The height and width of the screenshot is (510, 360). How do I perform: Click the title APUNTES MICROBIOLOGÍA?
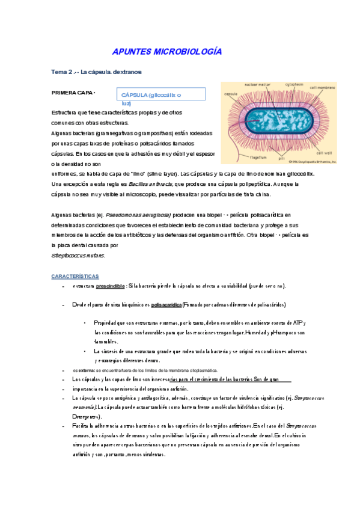coord(167,52)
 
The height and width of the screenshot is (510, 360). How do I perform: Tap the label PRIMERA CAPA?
coord(73,93)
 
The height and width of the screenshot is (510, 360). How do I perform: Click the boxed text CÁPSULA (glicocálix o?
coord(151,95)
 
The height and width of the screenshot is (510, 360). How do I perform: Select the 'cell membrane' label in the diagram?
coord(322,88)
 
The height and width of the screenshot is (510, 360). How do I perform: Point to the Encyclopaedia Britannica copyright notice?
coord(312,162)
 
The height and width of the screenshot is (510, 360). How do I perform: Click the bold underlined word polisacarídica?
coord(165,305)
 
